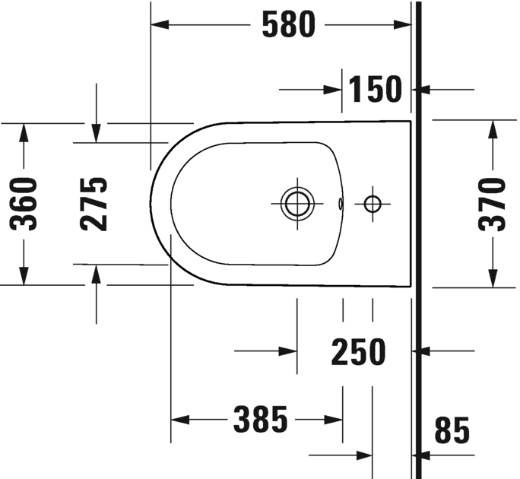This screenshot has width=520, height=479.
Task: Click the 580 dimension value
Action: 287,25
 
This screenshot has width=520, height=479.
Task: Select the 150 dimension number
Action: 376,90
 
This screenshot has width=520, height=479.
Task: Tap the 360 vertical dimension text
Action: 24,204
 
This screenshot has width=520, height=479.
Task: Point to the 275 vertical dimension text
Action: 94,204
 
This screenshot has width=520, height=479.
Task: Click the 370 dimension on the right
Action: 493,204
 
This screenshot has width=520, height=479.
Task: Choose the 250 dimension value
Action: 359,351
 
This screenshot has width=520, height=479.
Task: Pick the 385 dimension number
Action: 260,419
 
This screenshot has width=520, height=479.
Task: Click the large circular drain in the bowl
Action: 296,203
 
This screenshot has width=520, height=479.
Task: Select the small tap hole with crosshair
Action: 372,203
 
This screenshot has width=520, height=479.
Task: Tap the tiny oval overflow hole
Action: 341,203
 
